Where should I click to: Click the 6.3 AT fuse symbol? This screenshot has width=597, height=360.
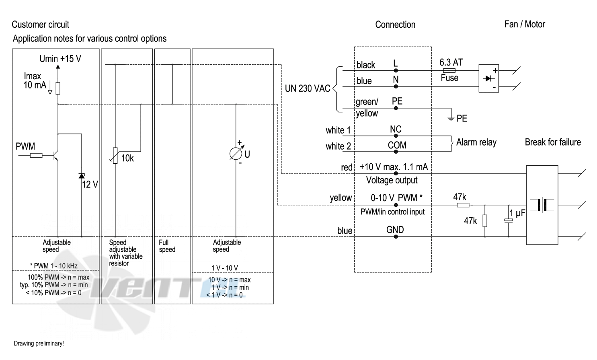(x=449, y=71)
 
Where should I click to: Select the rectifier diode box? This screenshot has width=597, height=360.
(x=488, y=78)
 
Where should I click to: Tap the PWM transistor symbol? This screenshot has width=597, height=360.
(x=55, y=156)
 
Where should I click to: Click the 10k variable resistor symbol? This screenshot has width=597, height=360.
(x=115, y=156)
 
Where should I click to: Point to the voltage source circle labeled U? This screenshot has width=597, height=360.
(x=236, y=154)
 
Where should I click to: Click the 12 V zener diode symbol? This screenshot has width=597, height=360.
(x=82, y=176)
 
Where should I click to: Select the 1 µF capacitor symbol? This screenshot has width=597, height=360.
(x=509, y=220)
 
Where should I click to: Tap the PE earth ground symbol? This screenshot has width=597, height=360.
(x=451, y=118)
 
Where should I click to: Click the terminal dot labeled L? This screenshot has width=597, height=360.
(x=396, y=71)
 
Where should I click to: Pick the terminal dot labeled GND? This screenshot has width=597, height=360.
(x=396, y=237)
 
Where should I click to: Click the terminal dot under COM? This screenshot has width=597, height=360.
(x=396, y=152)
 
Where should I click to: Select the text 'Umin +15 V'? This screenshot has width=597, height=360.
(x=60, y=59)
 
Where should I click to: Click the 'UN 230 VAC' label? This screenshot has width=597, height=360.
(x=308, y=88)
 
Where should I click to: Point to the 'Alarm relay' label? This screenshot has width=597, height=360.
(x=476, y=142)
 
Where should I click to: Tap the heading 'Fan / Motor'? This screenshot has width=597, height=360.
(x=525, y=24)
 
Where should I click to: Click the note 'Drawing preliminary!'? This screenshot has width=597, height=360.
(x=39, y=344)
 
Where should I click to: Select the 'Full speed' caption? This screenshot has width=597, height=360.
(x=167, y=246)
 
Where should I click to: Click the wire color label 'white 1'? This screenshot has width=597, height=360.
(x=338, y=130)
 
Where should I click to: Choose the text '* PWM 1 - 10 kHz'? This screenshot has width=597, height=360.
(x=53, y=266)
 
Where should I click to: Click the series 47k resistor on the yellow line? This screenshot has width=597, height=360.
(x=463, y=205)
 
